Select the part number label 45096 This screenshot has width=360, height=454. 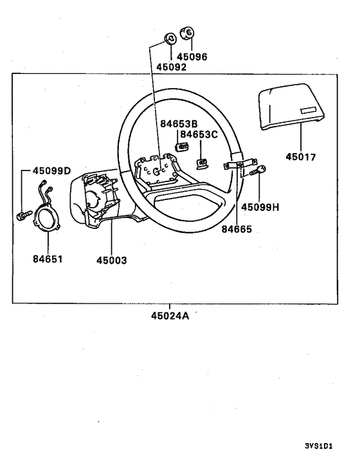[x=192, y=57]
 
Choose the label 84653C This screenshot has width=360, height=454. [x=199, y=134]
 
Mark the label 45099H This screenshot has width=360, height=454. [x=260, y=207]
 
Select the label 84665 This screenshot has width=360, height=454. [x=236, y=228]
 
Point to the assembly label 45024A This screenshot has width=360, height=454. [x=170, y=316]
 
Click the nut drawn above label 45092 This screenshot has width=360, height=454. [x=170, y=37]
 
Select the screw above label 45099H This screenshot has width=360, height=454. [x=260, y=172]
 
